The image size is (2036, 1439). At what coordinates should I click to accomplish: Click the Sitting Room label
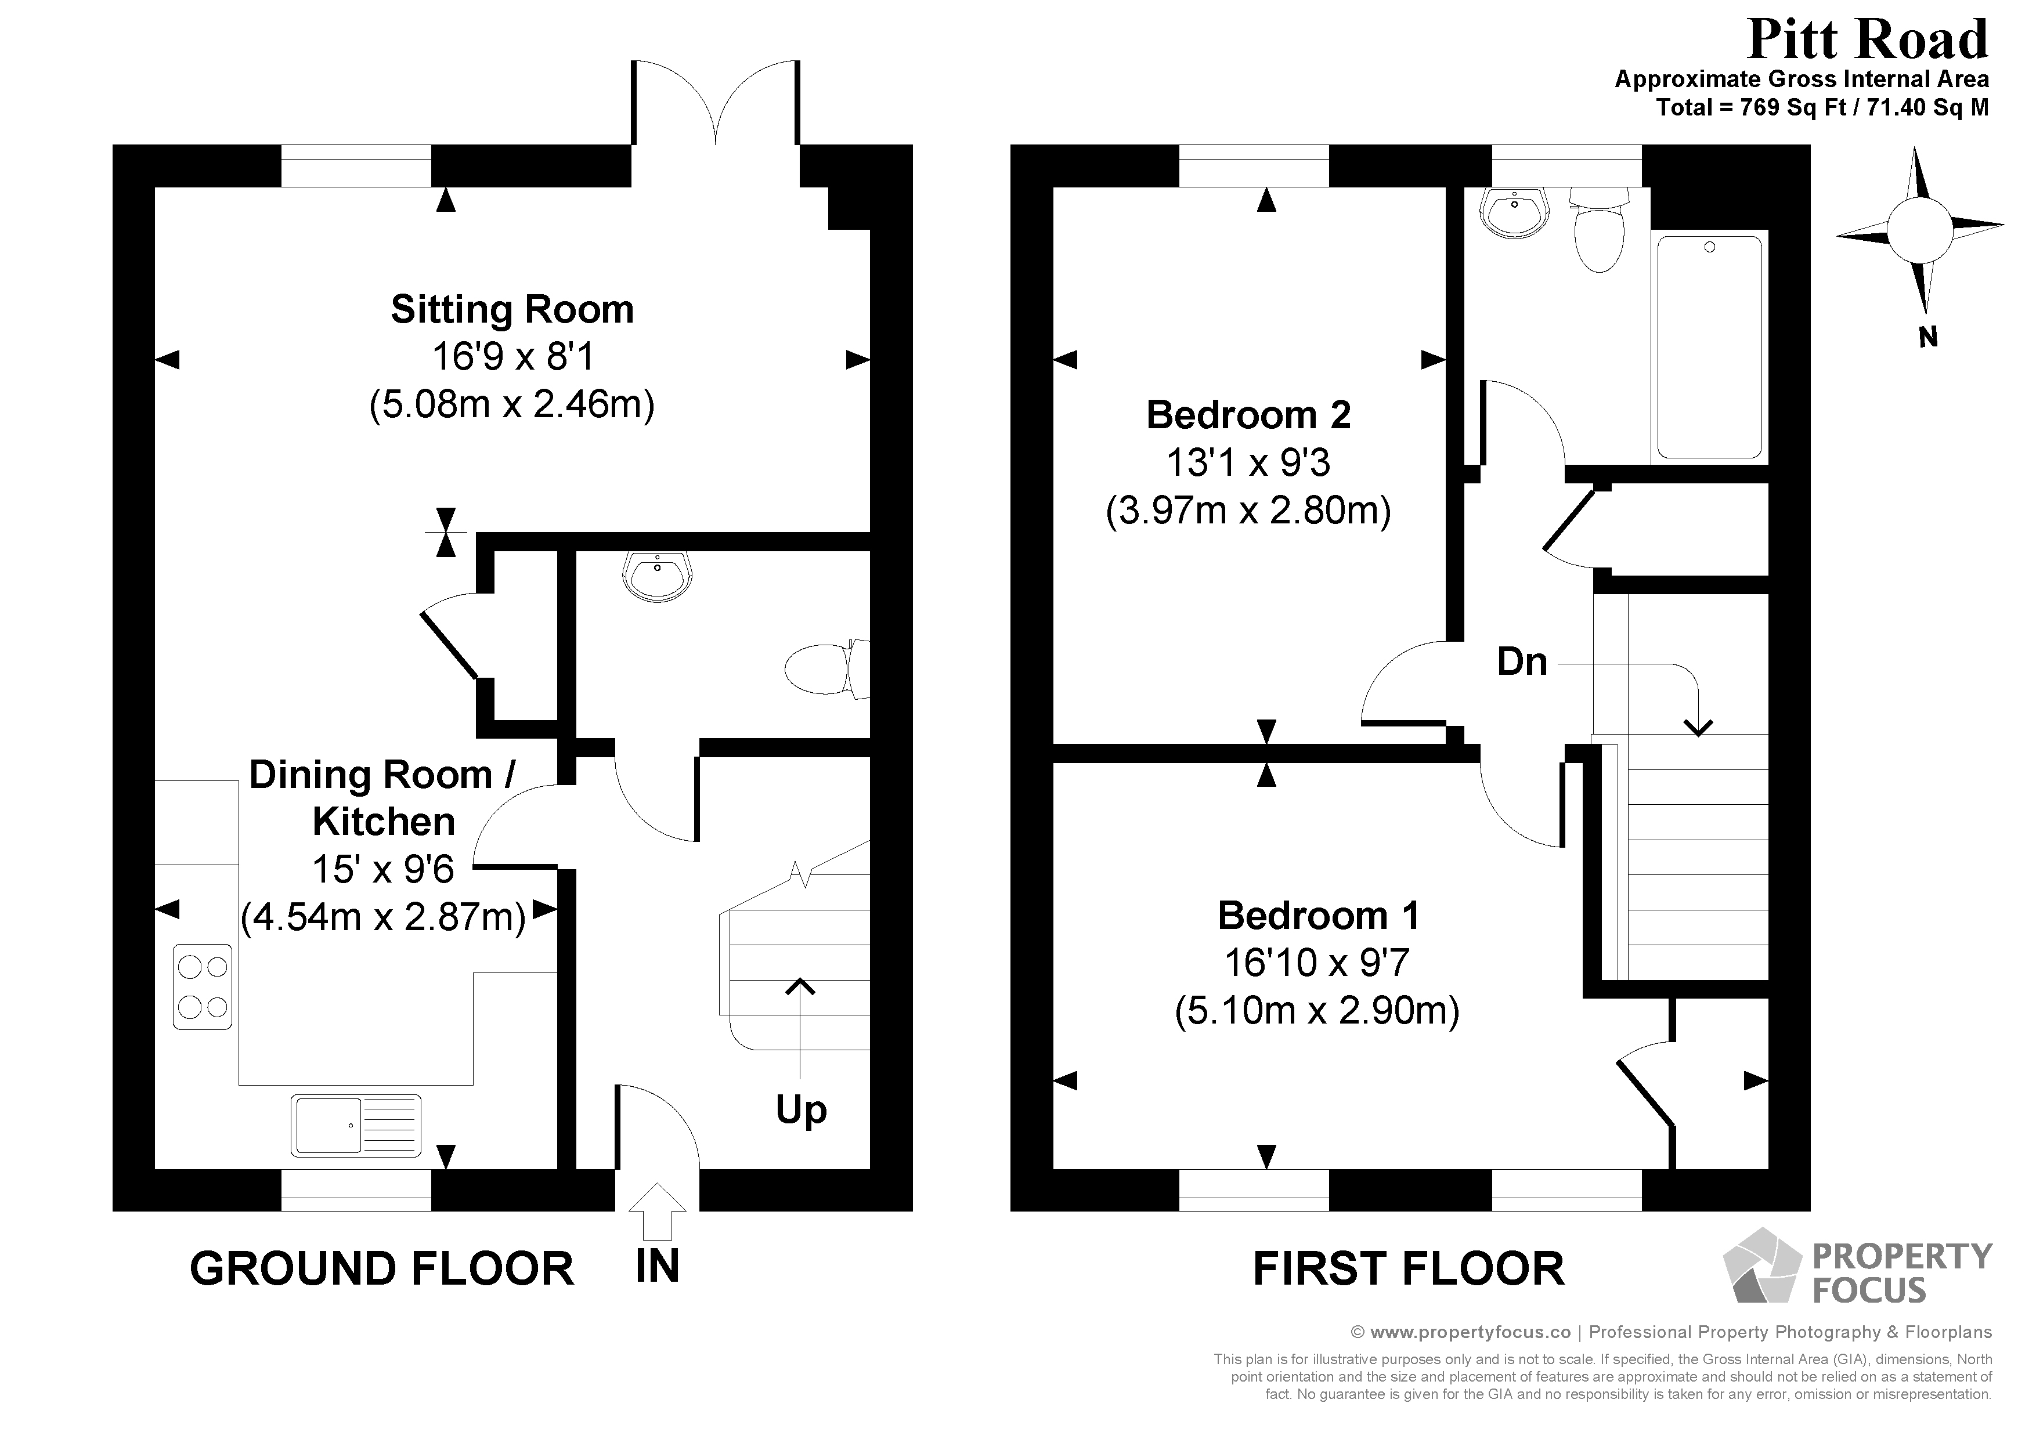click(512, 309)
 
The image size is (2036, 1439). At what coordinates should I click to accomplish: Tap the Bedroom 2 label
click(1248, 415)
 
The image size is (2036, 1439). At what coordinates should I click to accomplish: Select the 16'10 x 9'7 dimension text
click(1317, 963)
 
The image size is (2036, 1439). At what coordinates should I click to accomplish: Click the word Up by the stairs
click(801, 1109)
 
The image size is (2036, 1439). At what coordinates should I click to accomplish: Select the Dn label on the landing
click(1522, 662)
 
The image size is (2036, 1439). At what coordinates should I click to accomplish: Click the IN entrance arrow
click(657, 1212)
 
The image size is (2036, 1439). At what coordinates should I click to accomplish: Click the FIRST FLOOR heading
click(1407, 1269)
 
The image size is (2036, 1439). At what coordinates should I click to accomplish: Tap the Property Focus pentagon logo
click(1761, 1266)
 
